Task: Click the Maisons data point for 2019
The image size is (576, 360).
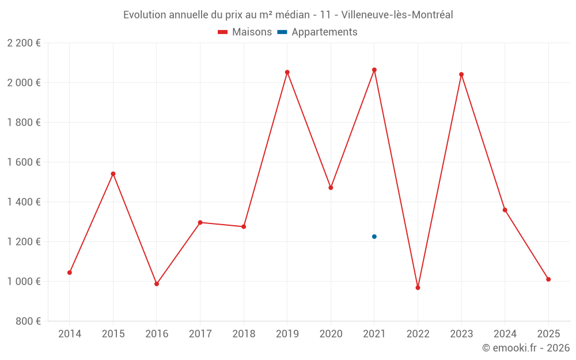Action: click(x=287, y=73)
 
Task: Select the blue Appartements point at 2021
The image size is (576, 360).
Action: click(x=374, y=237)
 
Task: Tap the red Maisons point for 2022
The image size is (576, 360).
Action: click(x=418, y=287)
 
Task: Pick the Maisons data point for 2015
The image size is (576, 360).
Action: click(x=113, y=174)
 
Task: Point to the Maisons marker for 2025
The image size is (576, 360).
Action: click(x=548, y=279)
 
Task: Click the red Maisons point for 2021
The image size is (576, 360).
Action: click(x=374, y=70)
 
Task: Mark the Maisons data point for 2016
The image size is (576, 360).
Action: click(x=157, y=284)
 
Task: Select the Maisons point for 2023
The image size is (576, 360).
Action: click(x=461, y=74)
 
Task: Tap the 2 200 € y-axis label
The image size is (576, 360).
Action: click(x=24, y=43)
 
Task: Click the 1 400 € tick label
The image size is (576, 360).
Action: click(x=24, y=202)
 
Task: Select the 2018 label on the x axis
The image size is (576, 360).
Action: click(x=244, y=334)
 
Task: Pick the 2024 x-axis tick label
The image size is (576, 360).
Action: click(x=505, y=334)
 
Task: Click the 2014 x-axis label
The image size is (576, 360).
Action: click(x=70, y=334)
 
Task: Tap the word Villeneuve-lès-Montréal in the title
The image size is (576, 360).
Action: click(x=397, y=15)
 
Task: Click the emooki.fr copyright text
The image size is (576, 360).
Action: click(x=526, y=348)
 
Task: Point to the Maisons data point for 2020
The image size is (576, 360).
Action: click(x=331, y=188)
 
